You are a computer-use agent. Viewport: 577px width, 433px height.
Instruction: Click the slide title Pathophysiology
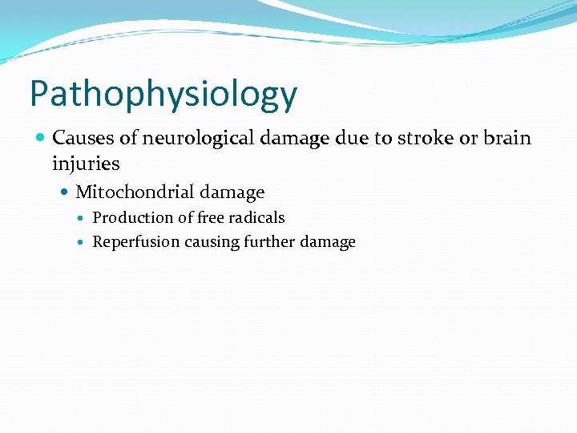point(163,95)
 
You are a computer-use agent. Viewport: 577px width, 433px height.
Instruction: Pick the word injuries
point(86,164)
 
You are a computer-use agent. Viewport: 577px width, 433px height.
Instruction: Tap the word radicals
point(254,218)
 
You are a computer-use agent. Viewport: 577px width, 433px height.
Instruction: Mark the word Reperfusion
point(135,242)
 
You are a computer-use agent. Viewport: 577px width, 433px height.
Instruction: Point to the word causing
point(210,242)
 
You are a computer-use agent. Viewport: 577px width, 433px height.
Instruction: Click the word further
point(268,242)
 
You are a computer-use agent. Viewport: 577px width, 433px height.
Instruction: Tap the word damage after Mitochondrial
point(232,192)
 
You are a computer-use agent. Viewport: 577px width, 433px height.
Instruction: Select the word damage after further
point(329,242)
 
